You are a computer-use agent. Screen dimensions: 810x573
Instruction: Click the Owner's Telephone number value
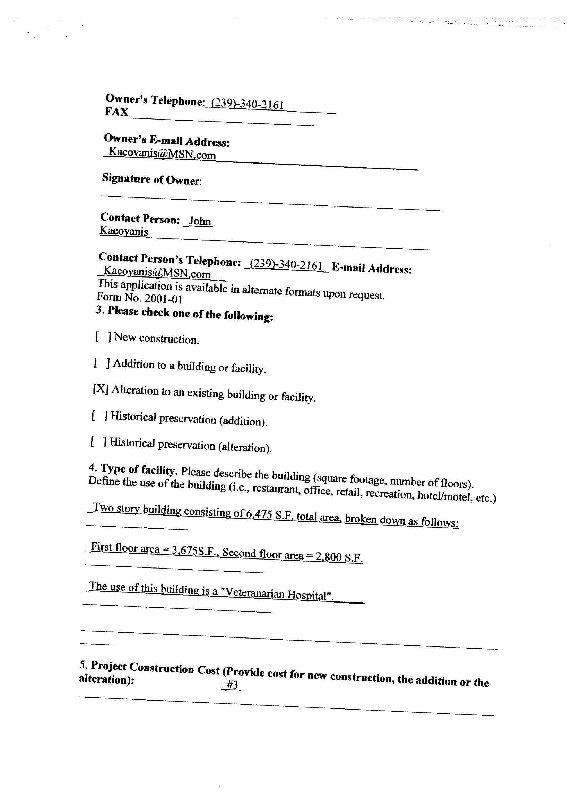247,105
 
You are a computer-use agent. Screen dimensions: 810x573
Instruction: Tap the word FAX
116,112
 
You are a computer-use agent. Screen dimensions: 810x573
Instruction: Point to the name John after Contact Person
199,221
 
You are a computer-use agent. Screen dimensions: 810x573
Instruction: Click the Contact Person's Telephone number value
286,265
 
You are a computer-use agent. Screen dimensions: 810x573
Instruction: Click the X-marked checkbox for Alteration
101,389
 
